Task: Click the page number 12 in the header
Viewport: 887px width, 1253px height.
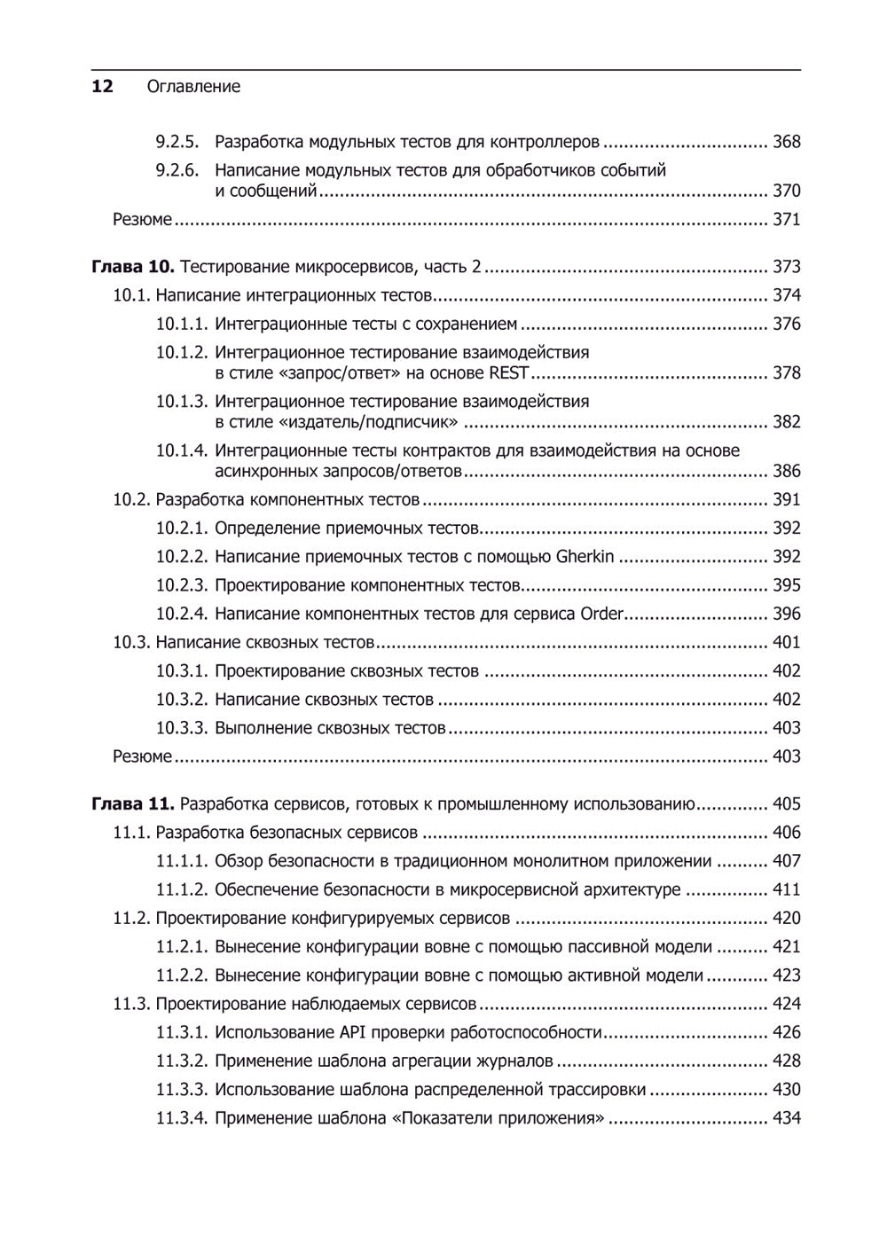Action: pyautogui.click(x=102, y=86)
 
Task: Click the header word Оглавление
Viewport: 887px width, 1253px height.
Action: pyautogui.click(x=193, y=87)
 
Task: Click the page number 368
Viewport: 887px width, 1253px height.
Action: pyautogui.click(x=786, y=142)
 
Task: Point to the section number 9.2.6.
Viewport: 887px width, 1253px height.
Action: pyautogui.click(x=177, y=170)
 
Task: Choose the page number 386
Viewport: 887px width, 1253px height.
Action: pyautogui.click(x=786, y=471)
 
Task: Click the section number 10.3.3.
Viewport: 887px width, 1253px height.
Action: pyautogui.click(x=182, y=728)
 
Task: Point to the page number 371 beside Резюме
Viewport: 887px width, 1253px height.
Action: pyautogui.click(x=786, y=219)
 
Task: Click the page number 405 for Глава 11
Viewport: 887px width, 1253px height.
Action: pyautogui.click(x=786, y=804)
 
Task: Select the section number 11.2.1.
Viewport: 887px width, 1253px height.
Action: pyautogui.click(x=182, y=947)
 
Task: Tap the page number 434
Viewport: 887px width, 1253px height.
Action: pyautogui.click(x=786, y=1118)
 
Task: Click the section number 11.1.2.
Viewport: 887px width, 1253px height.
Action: pyautogui.click(x=182, y=889)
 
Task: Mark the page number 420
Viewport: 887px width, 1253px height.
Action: pyautogui.click(x=786, y=918)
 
